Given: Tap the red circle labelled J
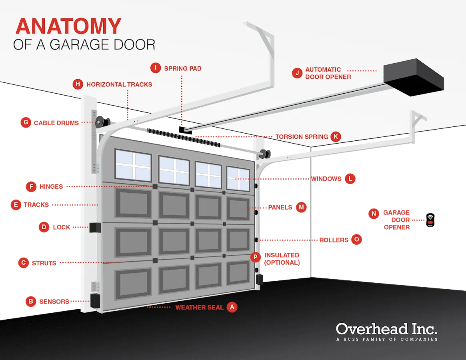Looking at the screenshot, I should click(x=297, y=73).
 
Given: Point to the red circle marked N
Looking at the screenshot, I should click(x=374, y=214).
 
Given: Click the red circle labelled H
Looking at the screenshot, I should click(x=78, y=84).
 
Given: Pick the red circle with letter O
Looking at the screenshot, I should click(x=356, y=240).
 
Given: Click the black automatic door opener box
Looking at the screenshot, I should click(x=414, y=77).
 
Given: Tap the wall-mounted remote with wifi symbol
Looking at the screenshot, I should click(x=430, y=219).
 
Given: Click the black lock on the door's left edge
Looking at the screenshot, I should click(x=95, y=227).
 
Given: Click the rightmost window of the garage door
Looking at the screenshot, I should click(x=238, y=178).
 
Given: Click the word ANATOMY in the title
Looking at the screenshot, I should click(x=68, y=26).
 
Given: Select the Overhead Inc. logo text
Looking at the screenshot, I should click(x=386, y=329).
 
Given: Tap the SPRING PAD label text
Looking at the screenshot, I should click(x=183, y=68).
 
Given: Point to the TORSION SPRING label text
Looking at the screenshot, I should click(x=301, y=137).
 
